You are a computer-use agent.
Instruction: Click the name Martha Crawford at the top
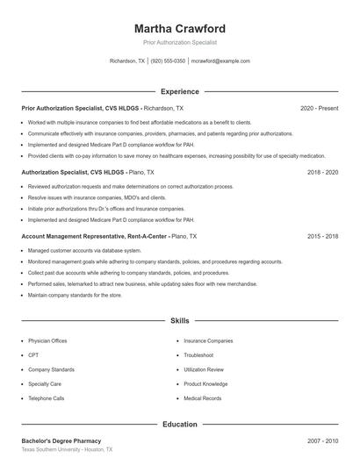pyautogui.click(x=180, y=28)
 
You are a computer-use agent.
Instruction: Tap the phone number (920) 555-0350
pyautogui.click(x=168, y=61)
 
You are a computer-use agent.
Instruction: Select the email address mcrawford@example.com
pyautogui.click(x=220, y=61)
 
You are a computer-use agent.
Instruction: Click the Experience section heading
pyautogui.click(x=180, y=91)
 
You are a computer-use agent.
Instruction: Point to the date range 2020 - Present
pyautogui.click(x=319, y=108)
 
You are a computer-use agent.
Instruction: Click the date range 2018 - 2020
pyautogui.click(x=322, y=173)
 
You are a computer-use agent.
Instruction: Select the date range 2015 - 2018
pyautogui.click(x=322, y=237)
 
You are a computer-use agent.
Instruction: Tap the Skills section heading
pyautogui.click(x=180, y=321)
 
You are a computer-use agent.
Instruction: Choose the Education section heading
pyautogui.click(x=180, y=425)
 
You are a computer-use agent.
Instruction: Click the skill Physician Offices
pyautogui.click(x=47, y=340)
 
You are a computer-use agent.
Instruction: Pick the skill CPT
pyautogui.click(x=33, y=355)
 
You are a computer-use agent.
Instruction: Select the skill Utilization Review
pyautogui.click(x=204, y=369)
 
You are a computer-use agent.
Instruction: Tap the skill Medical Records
pyautogui.click(x=202, y=398)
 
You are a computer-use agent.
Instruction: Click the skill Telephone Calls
pyautogui.click(x=47, y=398)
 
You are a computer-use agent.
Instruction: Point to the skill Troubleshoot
pyautogui.click(x=198, y=355)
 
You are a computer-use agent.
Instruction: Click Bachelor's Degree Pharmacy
pyautogui.click(x=61, y=440)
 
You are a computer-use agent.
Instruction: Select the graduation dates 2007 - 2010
pyautogui.click(x=322, y=440)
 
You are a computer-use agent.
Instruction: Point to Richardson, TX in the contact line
pyautogui.click(x=127, y=61)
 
